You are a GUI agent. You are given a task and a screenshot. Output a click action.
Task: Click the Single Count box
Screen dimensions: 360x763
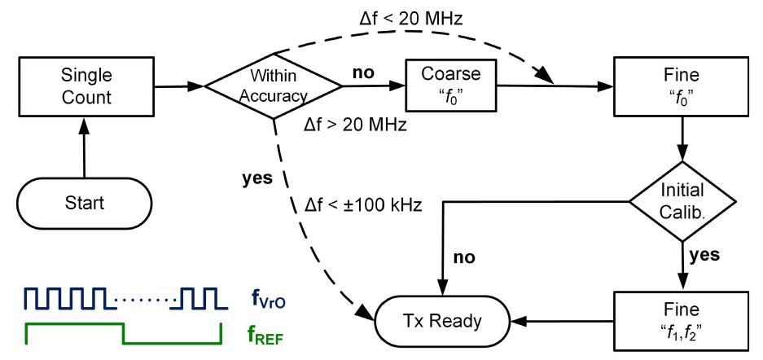[84, 85]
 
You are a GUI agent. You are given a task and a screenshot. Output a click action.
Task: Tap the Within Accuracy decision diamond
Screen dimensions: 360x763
[273, 85]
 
